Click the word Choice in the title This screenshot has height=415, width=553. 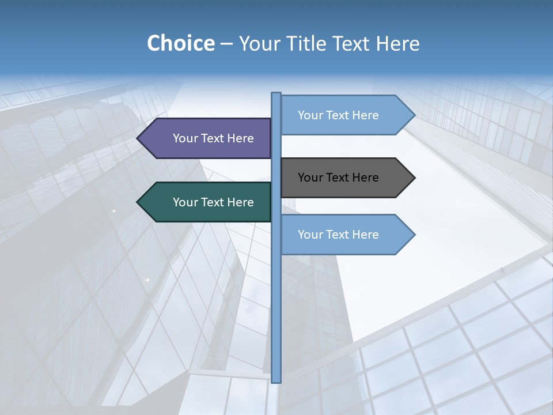pos(180,43)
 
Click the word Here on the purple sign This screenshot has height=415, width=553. pos(240,138)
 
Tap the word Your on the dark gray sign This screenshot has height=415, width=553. pos(310,178)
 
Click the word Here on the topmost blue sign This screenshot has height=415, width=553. pos(365,115)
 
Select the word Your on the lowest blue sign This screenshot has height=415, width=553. pos(310,235)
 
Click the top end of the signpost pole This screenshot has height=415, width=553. pos(276,94)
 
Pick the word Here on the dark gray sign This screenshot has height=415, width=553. pos(365,178)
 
